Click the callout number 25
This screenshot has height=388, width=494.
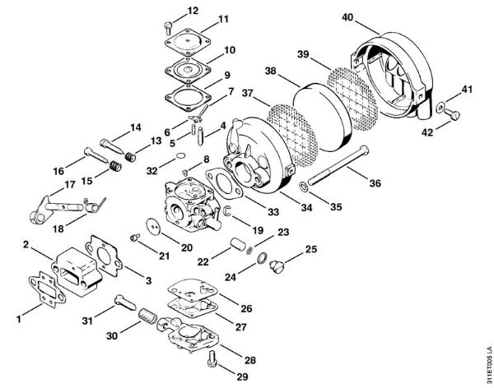pos(310,248)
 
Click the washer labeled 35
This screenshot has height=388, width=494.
pos(304,188)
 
